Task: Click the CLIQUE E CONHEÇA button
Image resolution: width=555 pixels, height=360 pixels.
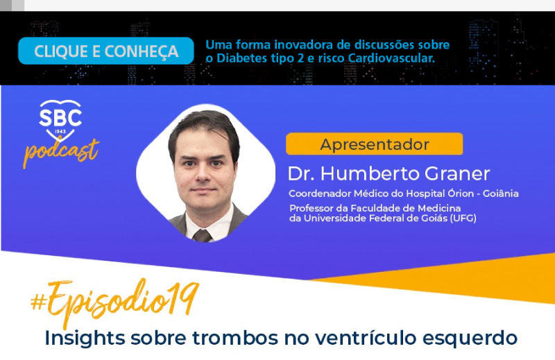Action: tap(106, 51)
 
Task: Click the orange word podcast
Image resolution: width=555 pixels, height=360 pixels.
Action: tap(61, 152)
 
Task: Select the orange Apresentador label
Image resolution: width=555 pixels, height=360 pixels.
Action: tap(374, 144)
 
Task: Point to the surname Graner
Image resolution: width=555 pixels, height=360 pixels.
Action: tap(457, 173)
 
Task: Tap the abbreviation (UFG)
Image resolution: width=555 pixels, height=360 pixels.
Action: tap(463, 218)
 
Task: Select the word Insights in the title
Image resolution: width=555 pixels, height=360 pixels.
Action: tap(85, 338)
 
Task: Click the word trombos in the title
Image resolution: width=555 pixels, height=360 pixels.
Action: tap(235, 338)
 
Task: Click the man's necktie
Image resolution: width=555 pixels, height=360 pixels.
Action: tap(202, 236)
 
